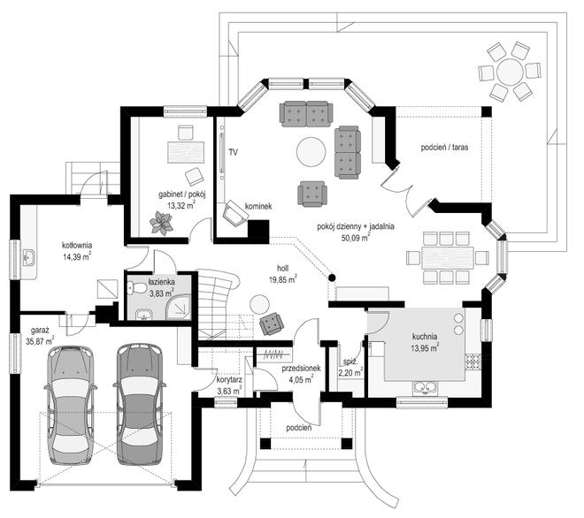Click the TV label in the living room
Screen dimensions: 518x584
coord(234,153)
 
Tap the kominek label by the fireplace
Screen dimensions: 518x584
coord(259,206)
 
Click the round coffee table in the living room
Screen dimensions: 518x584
coord(311,151)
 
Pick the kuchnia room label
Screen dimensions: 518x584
coord(428,336)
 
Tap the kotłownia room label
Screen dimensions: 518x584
coord(77,245)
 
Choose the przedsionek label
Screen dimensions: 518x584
coord(300,369)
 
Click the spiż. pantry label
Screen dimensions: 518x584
coord(348,363)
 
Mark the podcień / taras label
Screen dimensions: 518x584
coord(444,147)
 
